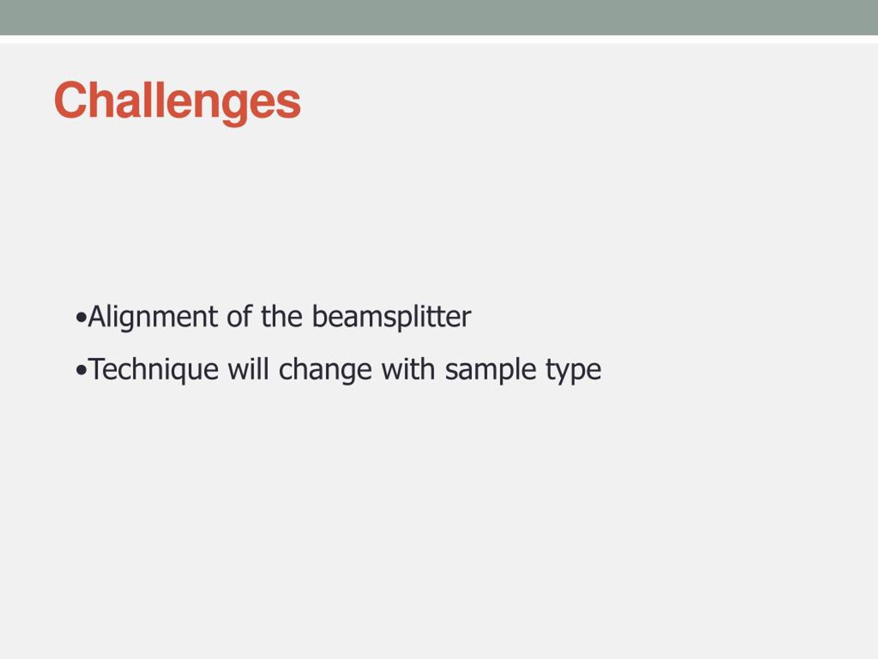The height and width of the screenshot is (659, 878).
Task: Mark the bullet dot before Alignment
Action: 81,318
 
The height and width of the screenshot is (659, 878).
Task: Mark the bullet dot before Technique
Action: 81,371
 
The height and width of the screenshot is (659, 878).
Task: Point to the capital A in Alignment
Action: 98,316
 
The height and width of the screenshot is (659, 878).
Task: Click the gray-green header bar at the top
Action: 439,18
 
